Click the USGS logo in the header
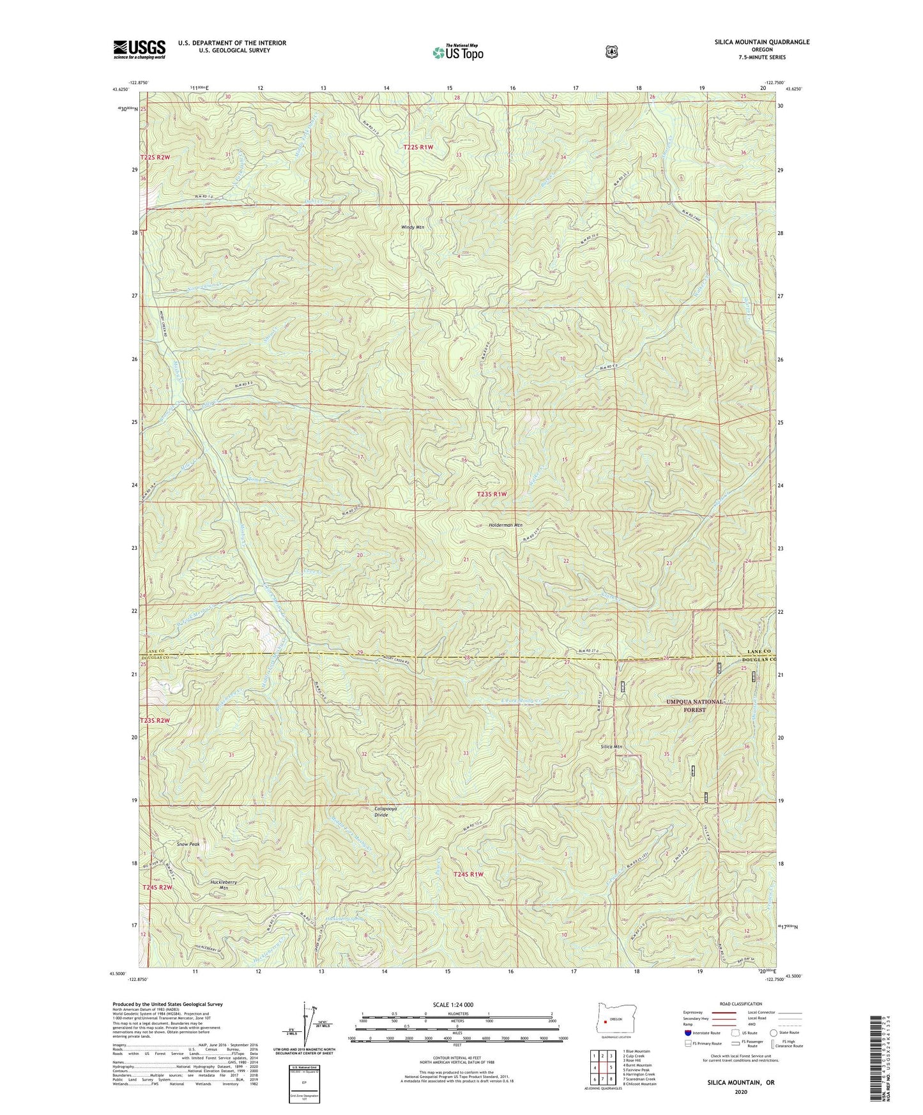(139, 49)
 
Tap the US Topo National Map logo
(456, 52)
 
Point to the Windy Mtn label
(412, 227)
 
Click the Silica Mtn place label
(611, 747)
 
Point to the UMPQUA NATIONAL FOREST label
(695, 706)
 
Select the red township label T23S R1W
(492, 494)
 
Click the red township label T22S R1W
(418, 148)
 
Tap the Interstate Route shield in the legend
(687, 1051)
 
